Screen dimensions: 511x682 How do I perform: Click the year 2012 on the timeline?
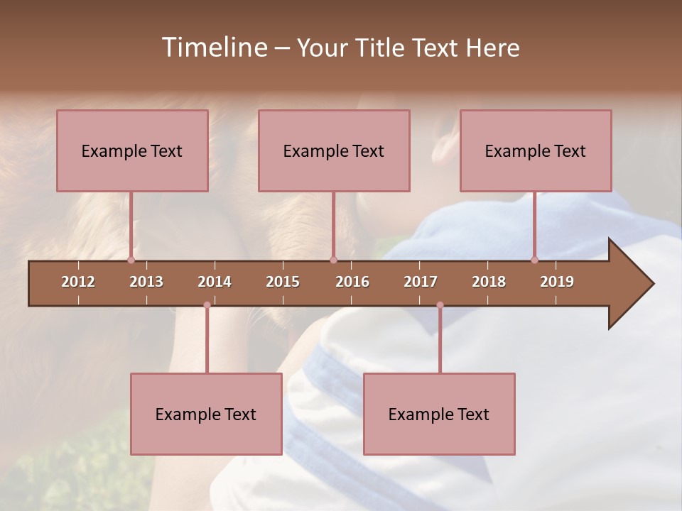[78, 282]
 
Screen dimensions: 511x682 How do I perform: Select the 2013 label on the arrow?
[146, 282]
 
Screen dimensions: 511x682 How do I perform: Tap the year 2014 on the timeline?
[215, 282]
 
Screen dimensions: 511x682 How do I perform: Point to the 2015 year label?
[283, 282]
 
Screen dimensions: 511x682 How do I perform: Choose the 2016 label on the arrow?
[352, 282]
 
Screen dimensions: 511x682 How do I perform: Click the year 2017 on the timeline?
[421, 282]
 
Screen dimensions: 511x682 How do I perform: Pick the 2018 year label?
[489, 282]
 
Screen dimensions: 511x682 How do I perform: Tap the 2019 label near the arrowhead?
[557, 282]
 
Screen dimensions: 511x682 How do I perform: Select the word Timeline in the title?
[212, 48]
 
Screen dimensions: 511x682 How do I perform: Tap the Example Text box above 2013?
[132, 150]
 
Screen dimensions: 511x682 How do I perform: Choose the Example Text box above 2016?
[334, 150]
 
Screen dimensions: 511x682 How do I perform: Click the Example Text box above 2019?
[536, 150]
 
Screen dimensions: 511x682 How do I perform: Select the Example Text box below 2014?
[206, 414]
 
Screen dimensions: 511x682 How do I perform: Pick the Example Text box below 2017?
[439, 414]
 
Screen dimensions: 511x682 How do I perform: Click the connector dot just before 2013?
[131, 260]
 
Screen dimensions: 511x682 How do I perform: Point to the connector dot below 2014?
[207, 305]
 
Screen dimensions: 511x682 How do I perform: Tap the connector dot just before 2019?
[534, 260]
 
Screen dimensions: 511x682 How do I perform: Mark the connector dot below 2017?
[440, 305]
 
